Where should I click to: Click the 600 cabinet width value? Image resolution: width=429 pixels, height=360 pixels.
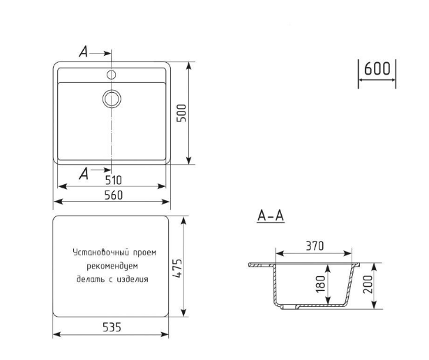[377, 68]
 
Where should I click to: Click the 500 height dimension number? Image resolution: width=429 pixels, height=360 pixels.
[181, 113]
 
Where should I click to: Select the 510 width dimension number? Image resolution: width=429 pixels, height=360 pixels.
[113, 180]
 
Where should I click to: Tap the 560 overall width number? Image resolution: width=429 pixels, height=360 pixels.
[114, 195]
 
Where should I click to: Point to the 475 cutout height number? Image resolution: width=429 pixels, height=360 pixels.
[177, 268]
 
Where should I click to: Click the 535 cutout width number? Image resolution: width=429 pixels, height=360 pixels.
[112, 327]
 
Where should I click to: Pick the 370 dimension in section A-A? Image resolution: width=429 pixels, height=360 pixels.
[315, 246]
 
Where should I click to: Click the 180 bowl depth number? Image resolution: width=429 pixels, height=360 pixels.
[321, 285]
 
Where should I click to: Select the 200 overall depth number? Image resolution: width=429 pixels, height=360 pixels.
[368, 285]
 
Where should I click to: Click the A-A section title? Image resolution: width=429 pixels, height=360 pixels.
[271, 216]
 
